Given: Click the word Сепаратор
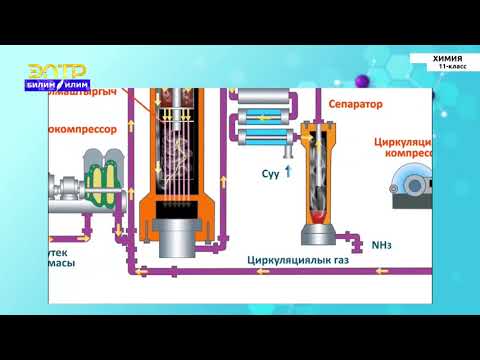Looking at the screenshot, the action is coord(352,102).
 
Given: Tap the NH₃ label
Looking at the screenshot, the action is coord(382,243).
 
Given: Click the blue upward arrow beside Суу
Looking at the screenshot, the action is coord(288,171).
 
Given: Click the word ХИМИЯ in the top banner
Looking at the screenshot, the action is coord(447,58).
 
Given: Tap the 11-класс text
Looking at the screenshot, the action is coord(451,67).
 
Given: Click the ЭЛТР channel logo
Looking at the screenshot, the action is coord(56,71).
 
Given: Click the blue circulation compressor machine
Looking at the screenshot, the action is coord(408,184).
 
